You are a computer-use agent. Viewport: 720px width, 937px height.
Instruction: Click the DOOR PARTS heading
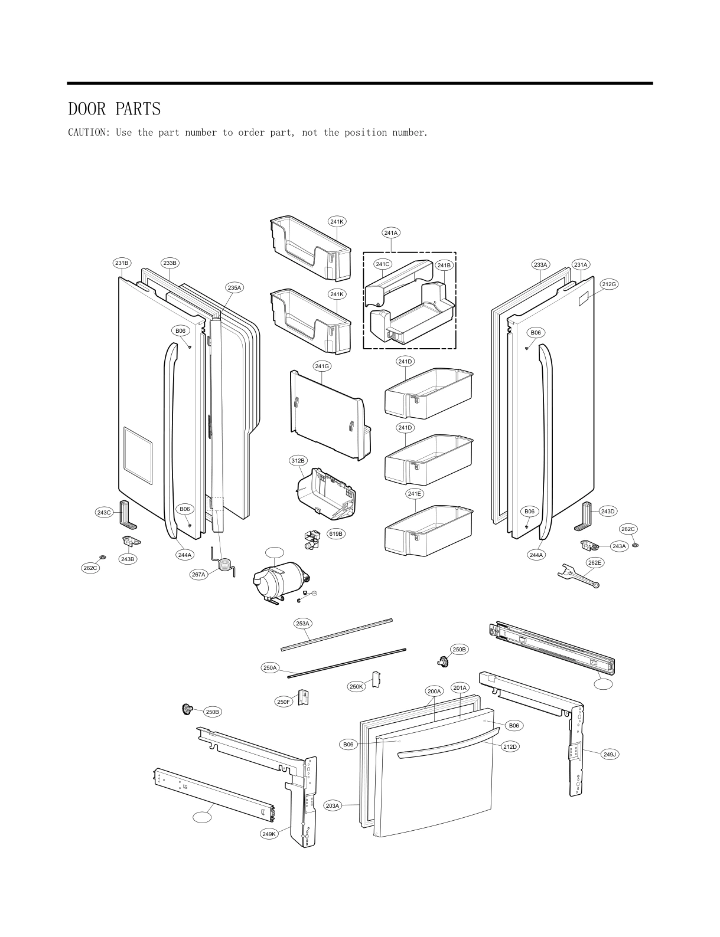pos(114,109)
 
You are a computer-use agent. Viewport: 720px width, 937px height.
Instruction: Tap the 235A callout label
pos(234,287)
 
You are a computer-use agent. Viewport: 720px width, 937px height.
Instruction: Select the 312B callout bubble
pos(298,460)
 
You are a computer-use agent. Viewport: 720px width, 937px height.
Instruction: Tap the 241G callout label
pos(322,366)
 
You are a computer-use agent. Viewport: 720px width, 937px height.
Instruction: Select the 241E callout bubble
pos(415,493)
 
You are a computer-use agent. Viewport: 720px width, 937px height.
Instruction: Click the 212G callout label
pos(609,284)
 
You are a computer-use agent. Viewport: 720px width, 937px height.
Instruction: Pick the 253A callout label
pos(302,623)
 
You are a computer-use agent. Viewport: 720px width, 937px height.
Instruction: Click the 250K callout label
pos(356,686)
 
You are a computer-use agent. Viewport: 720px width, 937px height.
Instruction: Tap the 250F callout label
pos(284,702)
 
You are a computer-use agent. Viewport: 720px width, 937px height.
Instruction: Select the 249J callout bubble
pos(610,754)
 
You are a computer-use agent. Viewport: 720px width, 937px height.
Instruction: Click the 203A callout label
pos(333,805)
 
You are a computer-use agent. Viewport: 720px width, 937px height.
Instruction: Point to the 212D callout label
pos(510,746)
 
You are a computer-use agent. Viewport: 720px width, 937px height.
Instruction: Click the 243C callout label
pos(104,512)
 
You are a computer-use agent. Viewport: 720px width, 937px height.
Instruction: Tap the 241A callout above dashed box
pos(390,232)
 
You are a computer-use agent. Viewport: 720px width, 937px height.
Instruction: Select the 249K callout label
pos(269,834)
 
